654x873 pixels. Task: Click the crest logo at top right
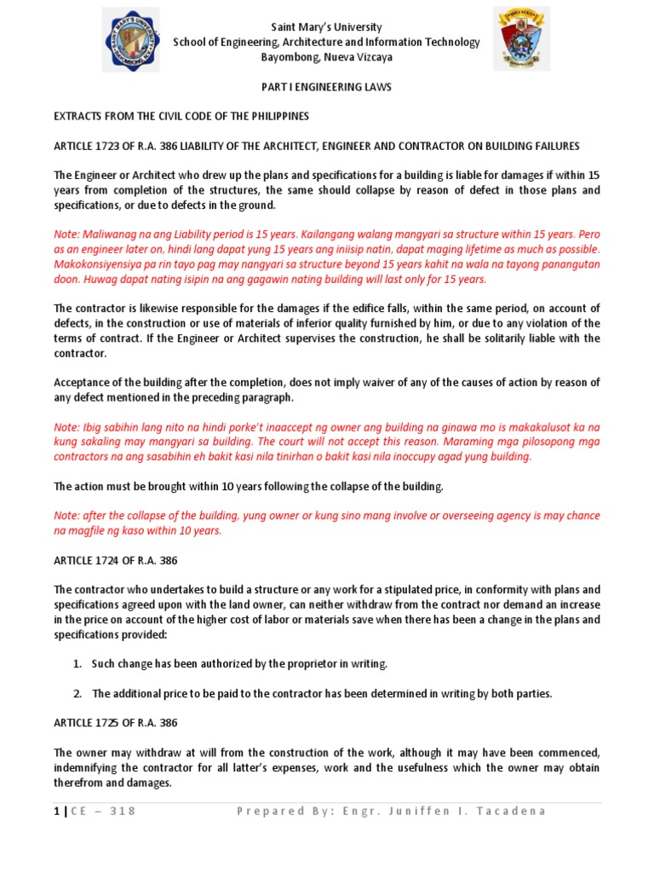(x=521, y=39)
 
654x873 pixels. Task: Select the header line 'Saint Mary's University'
(x=327, y=27)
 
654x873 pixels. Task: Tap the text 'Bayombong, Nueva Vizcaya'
(x=327, y=57)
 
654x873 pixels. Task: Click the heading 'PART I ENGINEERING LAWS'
(x=327, y=87)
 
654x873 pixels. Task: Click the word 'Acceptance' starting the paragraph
(x=83, y=382)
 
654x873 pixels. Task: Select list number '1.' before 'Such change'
(x=77, y=663)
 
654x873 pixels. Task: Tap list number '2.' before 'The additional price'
(x=77, y=693)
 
